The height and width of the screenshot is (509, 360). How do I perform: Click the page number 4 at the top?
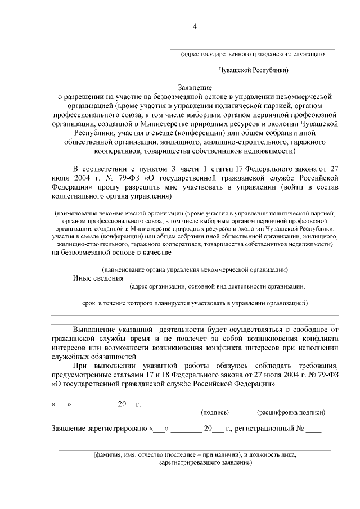pos(195,26)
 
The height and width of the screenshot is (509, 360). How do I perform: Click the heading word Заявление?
pos(195,88)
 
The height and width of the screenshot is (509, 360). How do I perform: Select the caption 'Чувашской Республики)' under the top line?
pos(254,71)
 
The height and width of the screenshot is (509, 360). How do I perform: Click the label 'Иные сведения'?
pos(98,278)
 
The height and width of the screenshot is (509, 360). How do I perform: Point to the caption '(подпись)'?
pos(214,412)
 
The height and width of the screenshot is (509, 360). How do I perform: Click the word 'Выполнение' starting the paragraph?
pos(96,328)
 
